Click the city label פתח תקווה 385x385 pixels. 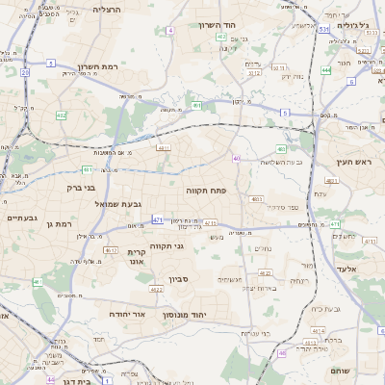206,192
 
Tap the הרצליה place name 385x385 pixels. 113,9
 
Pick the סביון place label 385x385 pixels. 178,280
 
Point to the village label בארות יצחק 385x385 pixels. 261,288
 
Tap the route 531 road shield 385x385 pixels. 324,30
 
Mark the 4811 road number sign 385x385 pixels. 164,148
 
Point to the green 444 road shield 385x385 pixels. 326,70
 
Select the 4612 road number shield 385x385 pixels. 156,290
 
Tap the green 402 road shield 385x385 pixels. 221,37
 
